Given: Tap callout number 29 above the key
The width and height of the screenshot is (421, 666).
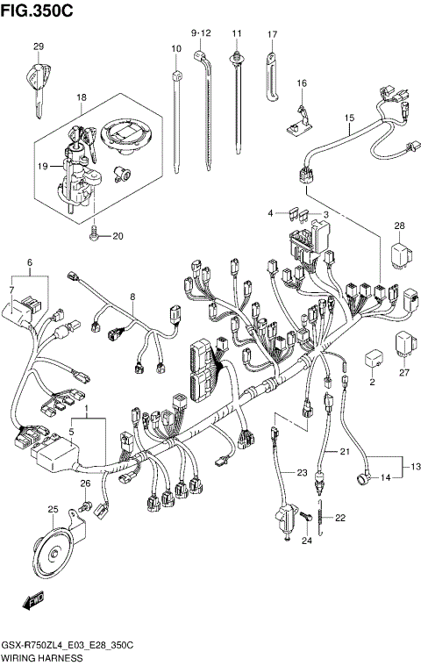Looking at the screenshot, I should tap(38, 47).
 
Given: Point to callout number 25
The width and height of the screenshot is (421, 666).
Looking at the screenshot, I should tap(53, 510).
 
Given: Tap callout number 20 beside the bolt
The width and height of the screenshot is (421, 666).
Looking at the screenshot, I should tap(118, 235).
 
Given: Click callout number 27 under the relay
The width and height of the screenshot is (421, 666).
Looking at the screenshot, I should tap(404, 372).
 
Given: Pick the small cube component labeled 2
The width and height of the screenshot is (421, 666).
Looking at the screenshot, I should tap(372, 359).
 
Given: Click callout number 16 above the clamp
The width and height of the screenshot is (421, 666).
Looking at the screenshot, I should tap(302, 83).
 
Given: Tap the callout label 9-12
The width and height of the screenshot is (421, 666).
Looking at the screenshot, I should tap(202, 32).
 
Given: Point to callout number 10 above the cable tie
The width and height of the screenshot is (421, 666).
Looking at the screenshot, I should tap(175, 49).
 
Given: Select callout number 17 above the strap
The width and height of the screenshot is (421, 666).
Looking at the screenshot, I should tap(272, 34).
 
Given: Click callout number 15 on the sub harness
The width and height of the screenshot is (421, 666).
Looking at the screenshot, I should tap(348, 117).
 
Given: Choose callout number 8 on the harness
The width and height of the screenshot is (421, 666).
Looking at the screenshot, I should tap(132, 297).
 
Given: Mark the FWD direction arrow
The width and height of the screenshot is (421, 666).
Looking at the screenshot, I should tap(32, 602).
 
